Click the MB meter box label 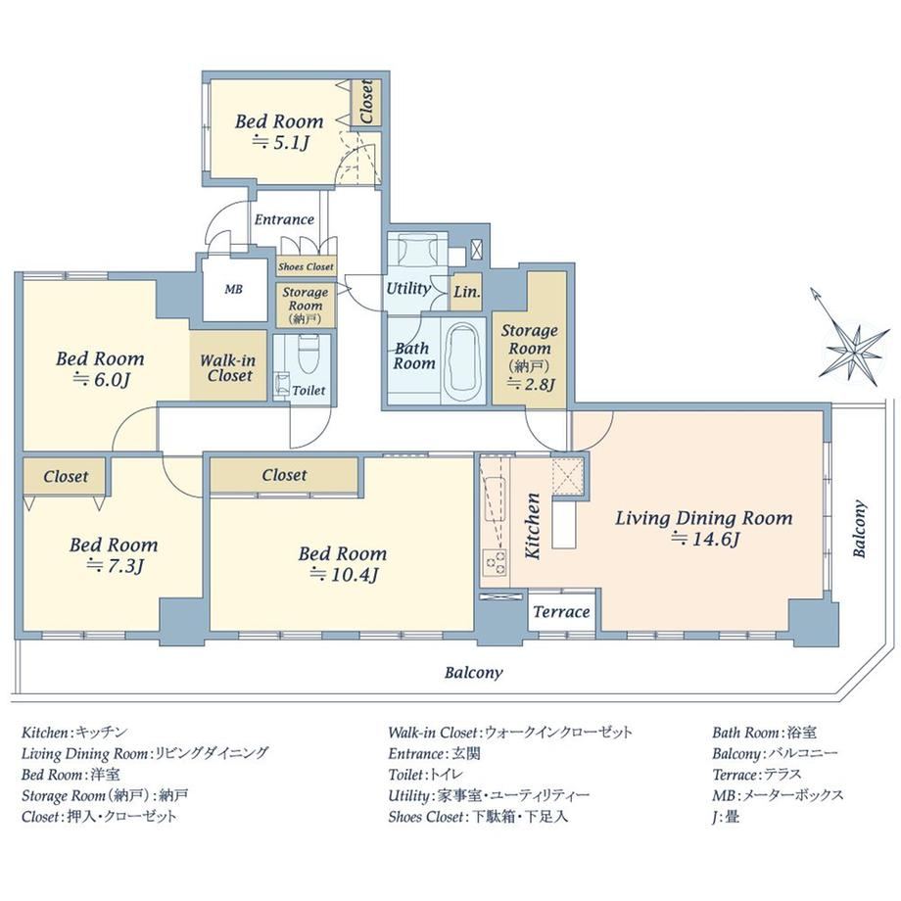click(233, 290)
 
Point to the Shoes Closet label click(306, 266)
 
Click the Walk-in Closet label click(228, 368)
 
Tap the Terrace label click(561, 612)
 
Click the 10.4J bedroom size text click(344, 575)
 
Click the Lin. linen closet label click(466, 291)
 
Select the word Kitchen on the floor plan click(533, 526)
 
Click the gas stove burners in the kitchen click(496, 562)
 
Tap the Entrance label click(284, 219)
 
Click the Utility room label click(408, 289)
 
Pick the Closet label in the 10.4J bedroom click(284, 475)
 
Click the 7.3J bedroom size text click(115, 566)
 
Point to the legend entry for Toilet click(426, 775)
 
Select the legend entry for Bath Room click(764, 733)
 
